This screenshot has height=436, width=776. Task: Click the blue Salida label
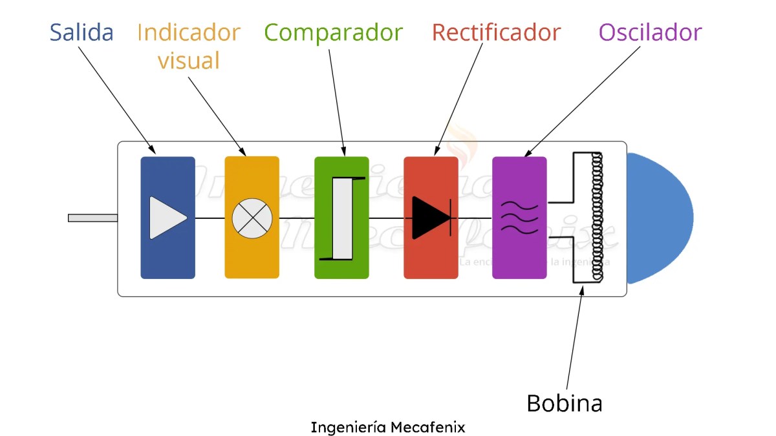(x=81, y=32)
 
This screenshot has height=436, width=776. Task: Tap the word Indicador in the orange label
(x=189, y=32)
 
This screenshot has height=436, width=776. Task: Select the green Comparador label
(x=333, y=32)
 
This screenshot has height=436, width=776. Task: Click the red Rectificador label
(x=496, y=32)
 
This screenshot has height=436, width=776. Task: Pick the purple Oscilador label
(x=650, y=32)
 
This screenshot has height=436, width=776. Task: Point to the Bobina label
(x=564, y=403)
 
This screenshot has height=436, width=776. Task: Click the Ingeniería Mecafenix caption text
(x=387, y=428)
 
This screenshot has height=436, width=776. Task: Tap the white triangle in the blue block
(x=166, y=218)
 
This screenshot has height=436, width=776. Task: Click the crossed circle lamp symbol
(x=252, y=218)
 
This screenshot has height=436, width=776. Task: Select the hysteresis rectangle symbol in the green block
(x=342, y=218)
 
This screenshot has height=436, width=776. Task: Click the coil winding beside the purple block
(x=596, y=218)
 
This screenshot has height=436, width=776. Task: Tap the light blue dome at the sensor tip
(x=658, y=218)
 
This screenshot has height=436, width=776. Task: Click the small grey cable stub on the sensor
(x=92, y=218)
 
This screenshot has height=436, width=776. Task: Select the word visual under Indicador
(x=189, y=61)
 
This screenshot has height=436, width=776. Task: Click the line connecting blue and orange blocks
(x=210, y=218)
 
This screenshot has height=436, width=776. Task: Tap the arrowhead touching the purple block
(x=526, y=154)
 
